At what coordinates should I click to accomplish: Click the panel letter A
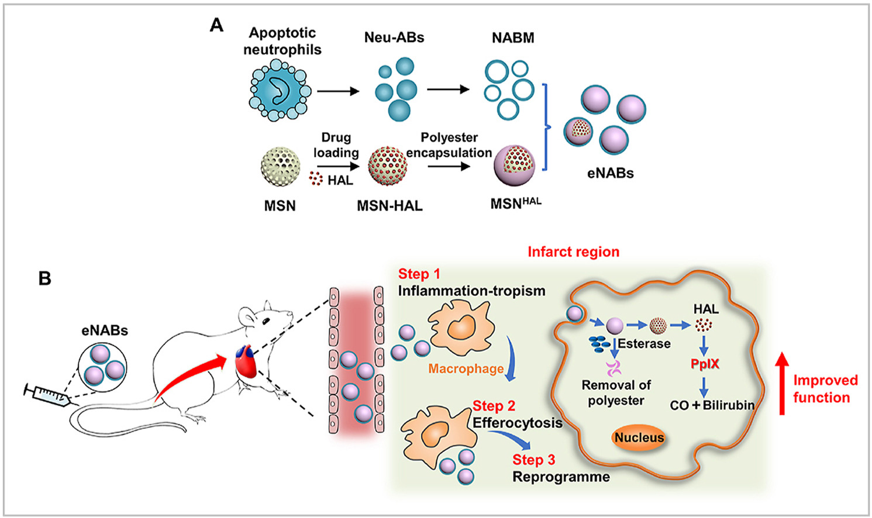click(x=216, y=25)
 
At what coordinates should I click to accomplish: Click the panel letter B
click(x=45, y=278)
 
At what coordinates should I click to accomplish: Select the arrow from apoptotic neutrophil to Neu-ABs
click(x=337, y=91)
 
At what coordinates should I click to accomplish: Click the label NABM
click(x=513, y=38)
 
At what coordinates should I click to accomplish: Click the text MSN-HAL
click(x=390, y=206)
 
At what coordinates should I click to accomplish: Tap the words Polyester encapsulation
click(x=449, y=145)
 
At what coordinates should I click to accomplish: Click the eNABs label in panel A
click(x=610, y=173)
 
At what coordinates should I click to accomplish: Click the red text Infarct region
click(x=573, y=252)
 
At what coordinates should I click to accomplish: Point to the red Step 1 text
click(x=419, y=274)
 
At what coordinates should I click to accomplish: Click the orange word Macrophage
click(x=466, y=369)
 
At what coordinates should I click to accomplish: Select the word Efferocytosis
click(x=517, y=423)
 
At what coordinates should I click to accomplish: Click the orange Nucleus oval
click(x=639, y=437)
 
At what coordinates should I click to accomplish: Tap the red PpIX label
click(x=705, y=364)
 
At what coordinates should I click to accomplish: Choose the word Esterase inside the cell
click(x=644, y=344)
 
